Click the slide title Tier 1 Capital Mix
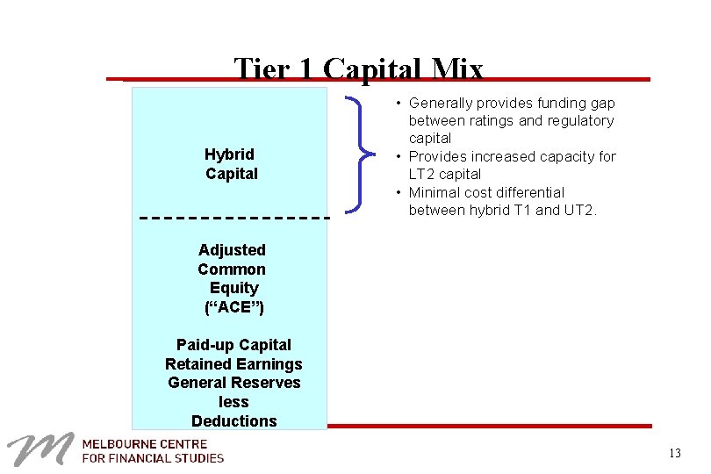pyautogui.click(x=358, y=69)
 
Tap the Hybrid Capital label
pyautogui.click(x=232, y=164)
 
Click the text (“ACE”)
pyautogui.click(x=233, y=306)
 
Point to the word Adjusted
pyautogui.click(x=232, y=250)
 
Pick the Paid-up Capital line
pyautogui.click(x=233, y=345)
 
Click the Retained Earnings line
pyautogui.click(x=233, y=364)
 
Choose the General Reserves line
pyautogui.click(x=233, y=383)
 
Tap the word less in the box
pyautogui.click(x=233, y=402)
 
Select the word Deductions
pyautogui.click(x=233, y=421)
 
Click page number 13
pyautogui.click(x=674, y=454)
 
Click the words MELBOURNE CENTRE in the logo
pyautogui.click(x=145, y=444)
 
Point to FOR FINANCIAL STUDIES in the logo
pyautogui.click(x=153, y=458)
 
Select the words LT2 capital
pyautogui.click(x=444, y=175)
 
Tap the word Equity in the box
pyautogui.click(x=234, y=288)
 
